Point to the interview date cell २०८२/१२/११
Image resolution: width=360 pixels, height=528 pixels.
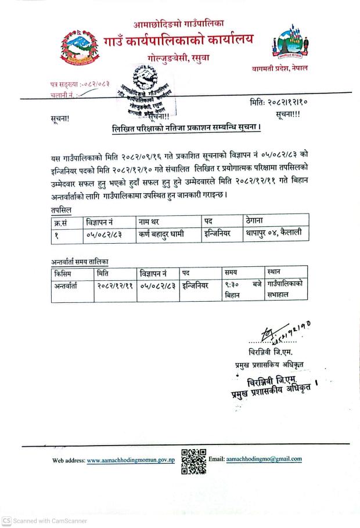click(116, 285)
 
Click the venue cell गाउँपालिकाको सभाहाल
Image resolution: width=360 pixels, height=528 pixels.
click(285, 290)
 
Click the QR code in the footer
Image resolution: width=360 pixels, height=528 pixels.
click(193, 461)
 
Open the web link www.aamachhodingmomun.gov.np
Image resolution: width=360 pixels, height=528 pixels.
click(131, 461)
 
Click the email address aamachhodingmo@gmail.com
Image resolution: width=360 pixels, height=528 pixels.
click(264, 458)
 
